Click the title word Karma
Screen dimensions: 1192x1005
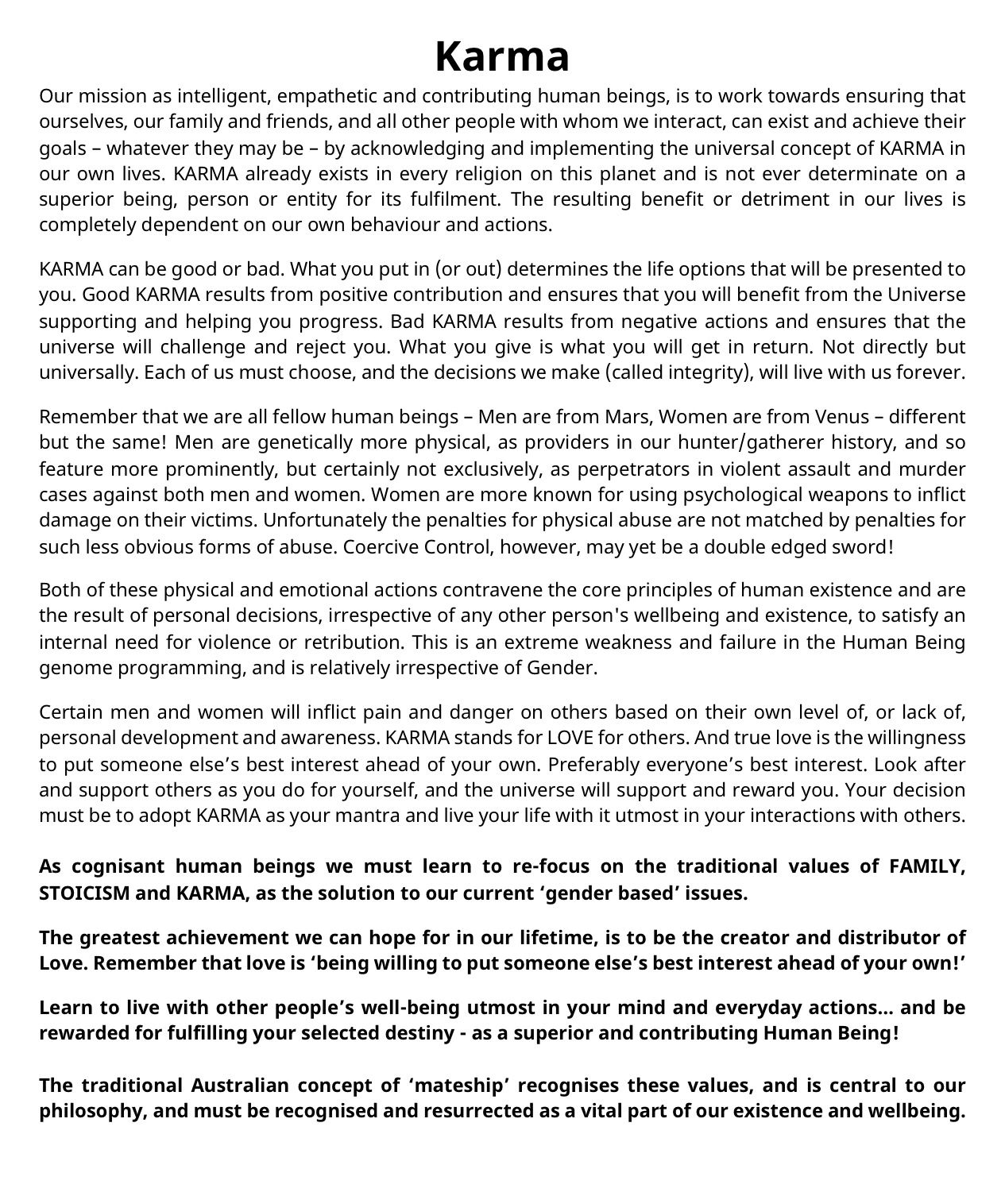coord(502,56)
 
